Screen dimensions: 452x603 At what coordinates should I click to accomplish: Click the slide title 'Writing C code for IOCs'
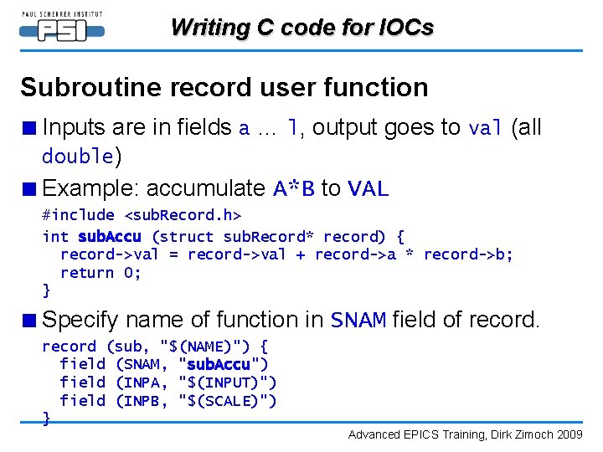[301, 28]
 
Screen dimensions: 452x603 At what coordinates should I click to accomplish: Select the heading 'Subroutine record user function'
[224, 87]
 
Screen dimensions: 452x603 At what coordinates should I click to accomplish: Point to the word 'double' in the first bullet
[78, 157]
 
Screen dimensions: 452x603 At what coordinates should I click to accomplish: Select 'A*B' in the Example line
[294, 189]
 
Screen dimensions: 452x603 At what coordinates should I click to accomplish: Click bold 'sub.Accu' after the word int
[110, 237]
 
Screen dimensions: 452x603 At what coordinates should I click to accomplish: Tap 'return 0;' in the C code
[100, 273]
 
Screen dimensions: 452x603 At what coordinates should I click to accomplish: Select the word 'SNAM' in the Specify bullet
[358, 321]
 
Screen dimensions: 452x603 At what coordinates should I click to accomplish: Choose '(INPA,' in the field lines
[142, 383]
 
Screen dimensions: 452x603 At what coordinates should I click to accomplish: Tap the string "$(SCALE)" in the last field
[228, 401]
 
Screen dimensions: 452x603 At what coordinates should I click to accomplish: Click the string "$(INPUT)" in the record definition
[228, 383]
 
